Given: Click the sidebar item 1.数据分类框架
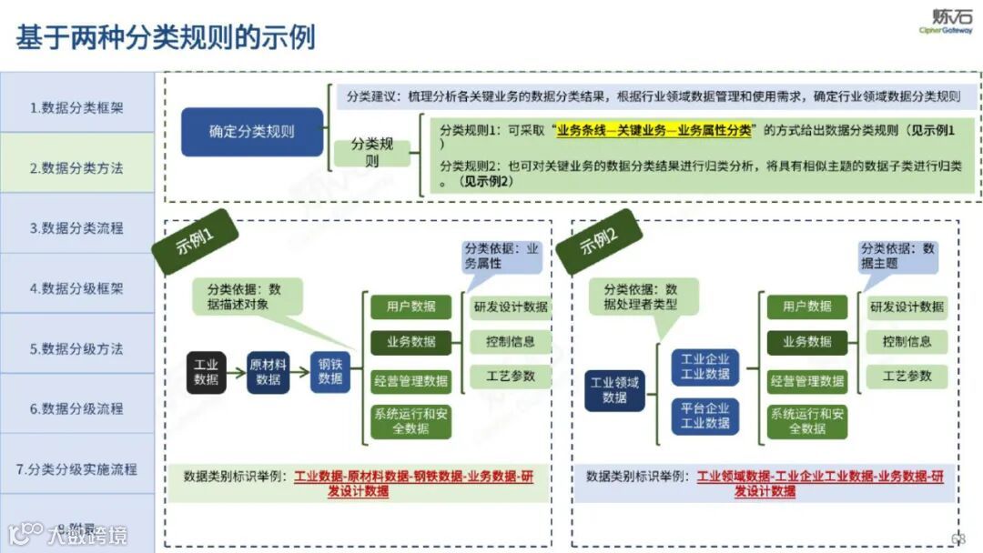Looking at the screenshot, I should [x=76, y=107].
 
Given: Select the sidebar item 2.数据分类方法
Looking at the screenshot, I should [x=76, y=167].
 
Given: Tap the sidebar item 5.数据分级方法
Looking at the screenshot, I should [x=76, y=348].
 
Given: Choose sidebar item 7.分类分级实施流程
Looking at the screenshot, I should [x=76, y=469].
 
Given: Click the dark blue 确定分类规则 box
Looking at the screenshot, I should [x=252, y=131].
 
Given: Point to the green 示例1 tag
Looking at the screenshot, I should [x=195, y=242].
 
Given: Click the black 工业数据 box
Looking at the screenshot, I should [x=207, y=371].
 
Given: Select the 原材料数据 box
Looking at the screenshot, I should [x=269, y=371].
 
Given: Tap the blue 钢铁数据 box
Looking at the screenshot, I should [x=329, y=371].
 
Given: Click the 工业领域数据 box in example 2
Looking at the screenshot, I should [x=614, y=390].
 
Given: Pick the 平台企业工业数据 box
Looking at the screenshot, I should [x=705, y=416].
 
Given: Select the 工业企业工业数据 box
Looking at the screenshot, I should [x=705, y=367].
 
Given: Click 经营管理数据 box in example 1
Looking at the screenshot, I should [x=410, y=380].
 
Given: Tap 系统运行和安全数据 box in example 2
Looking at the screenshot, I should [x=807, y=420].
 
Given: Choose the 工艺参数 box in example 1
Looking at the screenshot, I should [x=511, y=376].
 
